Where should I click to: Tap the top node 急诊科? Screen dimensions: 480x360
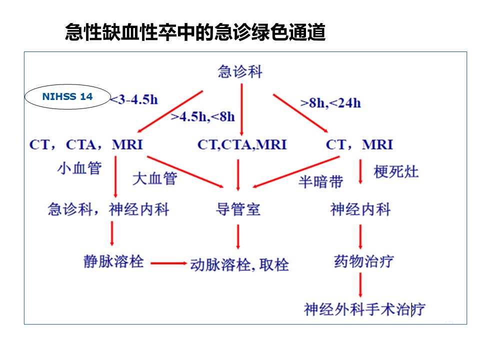coord(240,71)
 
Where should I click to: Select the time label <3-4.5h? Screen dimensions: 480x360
coord(134,100)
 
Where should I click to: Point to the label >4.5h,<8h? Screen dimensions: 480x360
coord(202,116)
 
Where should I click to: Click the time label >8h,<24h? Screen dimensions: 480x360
coord(330,103)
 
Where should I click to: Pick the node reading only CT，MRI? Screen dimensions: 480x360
coord(359,144)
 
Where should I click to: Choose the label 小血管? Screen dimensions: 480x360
coord(79,168)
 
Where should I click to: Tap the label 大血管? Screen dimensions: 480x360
coord(154,178)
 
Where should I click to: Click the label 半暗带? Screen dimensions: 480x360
coord(321,182)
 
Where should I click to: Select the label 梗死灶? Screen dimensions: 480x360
coord(396,171)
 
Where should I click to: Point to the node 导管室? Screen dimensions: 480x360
coord(238,209)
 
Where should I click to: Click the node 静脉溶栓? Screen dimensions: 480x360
coord(113,261)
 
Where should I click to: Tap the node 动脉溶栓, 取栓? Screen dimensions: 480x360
coord(239,265)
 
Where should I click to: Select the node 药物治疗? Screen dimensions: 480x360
coord(363,261)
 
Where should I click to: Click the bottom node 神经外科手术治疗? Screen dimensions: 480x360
coord(364,309)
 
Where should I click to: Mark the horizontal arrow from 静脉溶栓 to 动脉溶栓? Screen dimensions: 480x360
coord(168,263)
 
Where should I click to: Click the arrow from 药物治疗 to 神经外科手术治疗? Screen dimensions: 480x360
coord(360,285)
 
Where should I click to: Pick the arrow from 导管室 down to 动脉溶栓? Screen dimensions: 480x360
coord(238,237)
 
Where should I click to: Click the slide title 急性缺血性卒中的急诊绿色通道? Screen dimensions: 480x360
coord(195,32)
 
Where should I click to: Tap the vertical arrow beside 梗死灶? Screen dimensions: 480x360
coord(360,171)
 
